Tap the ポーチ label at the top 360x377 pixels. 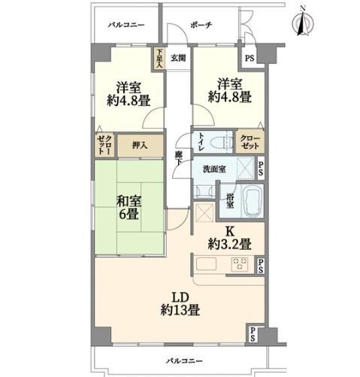(x=201, y=25)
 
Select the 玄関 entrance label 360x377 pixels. (x=178, y=58)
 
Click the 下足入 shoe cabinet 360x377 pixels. (x=159, y=59)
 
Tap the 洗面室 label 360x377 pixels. (x=214, y=169)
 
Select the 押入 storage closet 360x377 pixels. (x=141, y=146)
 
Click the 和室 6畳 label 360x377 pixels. (x=129, y=208)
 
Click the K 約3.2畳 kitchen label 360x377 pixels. (x=229, y=238)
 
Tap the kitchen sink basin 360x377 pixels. (x=206, y=264)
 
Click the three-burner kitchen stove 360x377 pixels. (x=240, y=264)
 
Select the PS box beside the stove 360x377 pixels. (x=261, y=266)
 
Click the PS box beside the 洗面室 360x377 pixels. (x=261, y=169)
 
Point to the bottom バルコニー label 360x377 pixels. (x=184, y=361)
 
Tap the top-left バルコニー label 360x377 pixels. (x=126, y=25)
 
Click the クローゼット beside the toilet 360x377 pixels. (x=250, y=141)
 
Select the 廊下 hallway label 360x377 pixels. (x=178, y=158)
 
